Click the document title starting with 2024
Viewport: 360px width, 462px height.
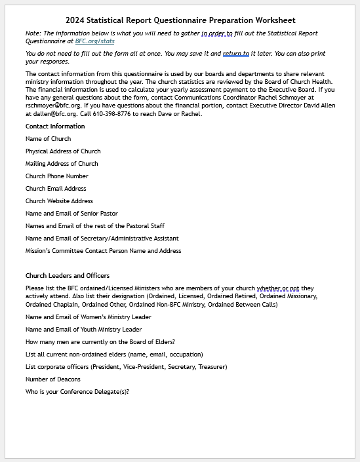pos(180,20)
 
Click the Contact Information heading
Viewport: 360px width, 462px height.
pos(55,126)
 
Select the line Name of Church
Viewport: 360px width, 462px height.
pos(48,139)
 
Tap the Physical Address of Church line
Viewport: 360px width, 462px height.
pos(63,151)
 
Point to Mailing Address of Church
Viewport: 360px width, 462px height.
pos(62,164)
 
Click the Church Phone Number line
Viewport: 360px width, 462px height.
pos(56,176)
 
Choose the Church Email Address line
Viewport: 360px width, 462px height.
pos(56,189)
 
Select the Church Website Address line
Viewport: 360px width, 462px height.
pos(59,201)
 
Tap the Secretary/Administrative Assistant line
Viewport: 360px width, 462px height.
pos(102,239)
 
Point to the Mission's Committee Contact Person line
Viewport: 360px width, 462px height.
pos(104,251)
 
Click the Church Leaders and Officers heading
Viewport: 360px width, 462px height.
pos(68,275)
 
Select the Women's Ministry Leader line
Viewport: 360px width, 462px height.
pos(89,317)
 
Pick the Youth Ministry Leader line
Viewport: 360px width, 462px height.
pos(83,330)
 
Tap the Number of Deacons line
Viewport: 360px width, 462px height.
pos(53,379)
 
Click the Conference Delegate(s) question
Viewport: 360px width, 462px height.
pos(77,392)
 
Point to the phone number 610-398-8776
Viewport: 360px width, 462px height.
pos(116,114)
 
